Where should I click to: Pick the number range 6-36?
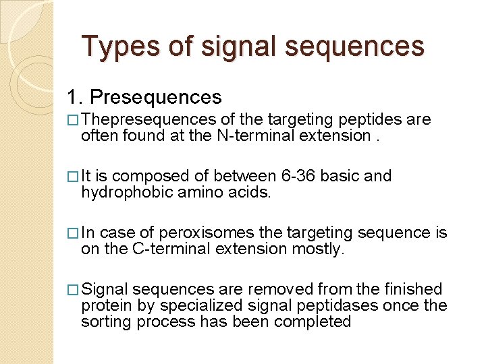pyautogui.click(x=299, y=177)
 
